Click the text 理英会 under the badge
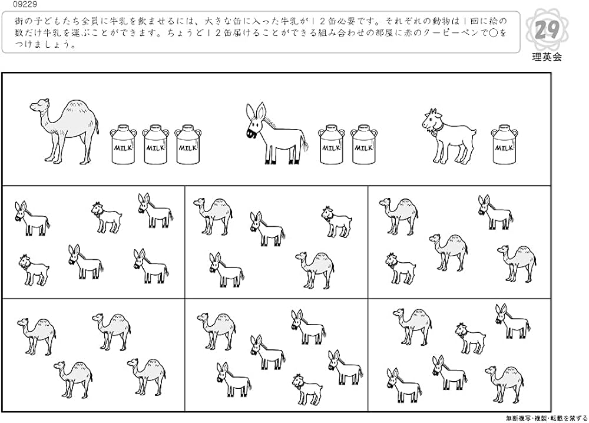[547, 57]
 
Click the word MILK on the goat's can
[502, 148]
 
